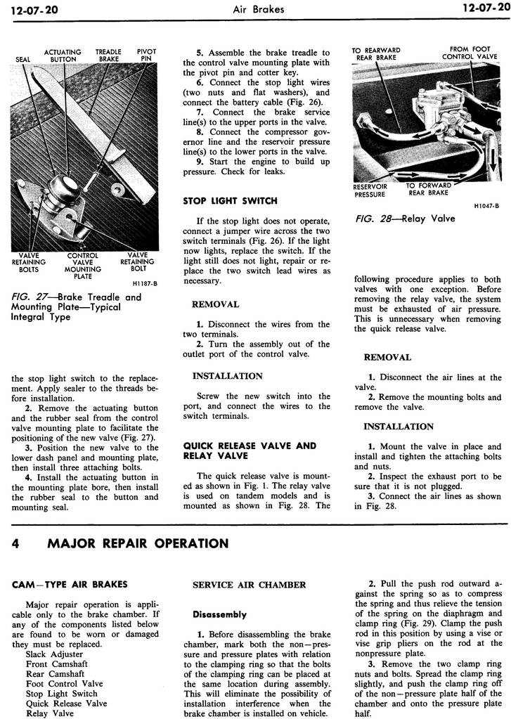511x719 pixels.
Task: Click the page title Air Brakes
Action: [x=256, y=9]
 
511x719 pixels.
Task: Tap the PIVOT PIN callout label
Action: [x=146, y=56]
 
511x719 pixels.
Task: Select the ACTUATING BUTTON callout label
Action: [x=63, y=56]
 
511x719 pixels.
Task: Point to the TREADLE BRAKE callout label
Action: [x=109, y=56]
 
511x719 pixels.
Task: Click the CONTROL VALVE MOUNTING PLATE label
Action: [x=83, y=266]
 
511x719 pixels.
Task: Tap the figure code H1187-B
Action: [x=144, y=284]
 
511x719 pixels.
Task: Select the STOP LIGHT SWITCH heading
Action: [x=230, y=200]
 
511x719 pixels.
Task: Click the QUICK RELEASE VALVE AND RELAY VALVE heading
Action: [x=250, y=451]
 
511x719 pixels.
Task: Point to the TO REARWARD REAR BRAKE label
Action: [x=376, y=54]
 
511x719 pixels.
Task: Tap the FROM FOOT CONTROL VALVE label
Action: [x=470, y=53]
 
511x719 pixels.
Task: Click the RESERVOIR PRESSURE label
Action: [x=369, y=190]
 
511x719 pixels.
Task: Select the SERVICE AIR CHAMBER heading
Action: [x=249, y=585]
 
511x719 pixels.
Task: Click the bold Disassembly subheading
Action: [x=219, y=614]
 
